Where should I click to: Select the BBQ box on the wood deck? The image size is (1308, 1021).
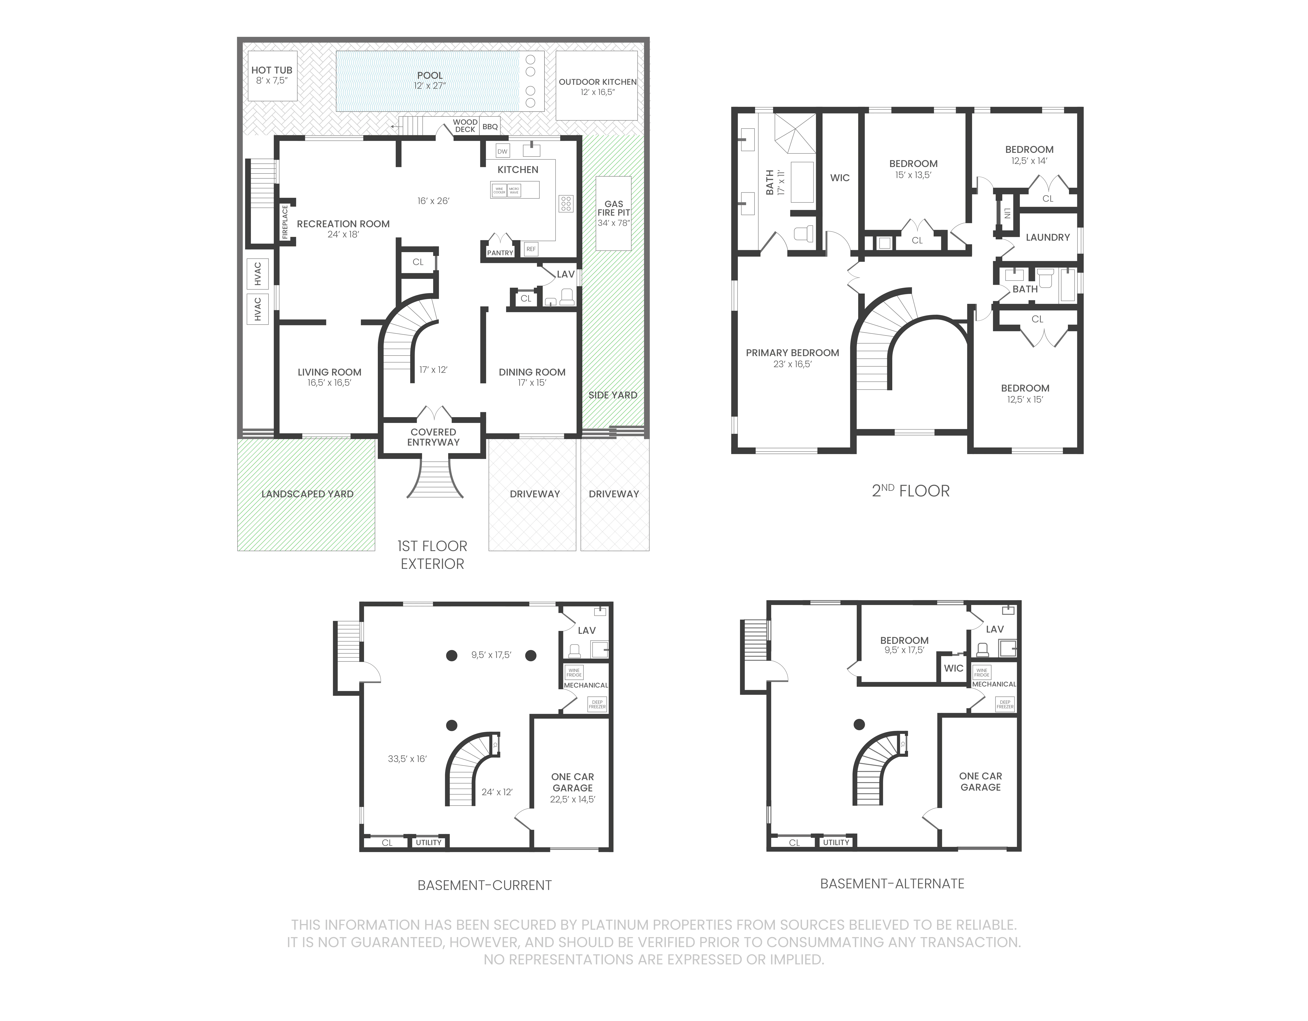[490, 127]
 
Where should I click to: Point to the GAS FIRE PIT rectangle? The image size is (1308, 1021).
[613, 213]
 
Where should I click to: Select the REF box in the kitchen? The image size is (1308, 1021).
[531, 249]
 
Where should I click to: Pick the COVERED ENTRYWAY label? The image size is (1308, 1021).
[433, 437]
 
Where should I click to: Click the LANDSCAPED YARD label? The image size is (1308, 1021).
[307, 494]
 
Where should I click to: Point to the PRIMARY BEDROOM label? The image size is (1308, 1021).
[792, 353]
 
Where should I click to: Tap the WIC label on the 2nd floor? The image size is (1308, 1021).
[840, 178]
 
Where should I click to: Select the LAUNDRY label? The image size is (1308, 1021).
[1047, 237]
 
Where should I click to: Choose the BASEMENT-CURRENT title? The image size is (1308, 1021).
[485, 885]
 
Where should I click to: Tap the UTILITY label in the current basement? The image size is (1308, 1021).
[429, 842]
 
